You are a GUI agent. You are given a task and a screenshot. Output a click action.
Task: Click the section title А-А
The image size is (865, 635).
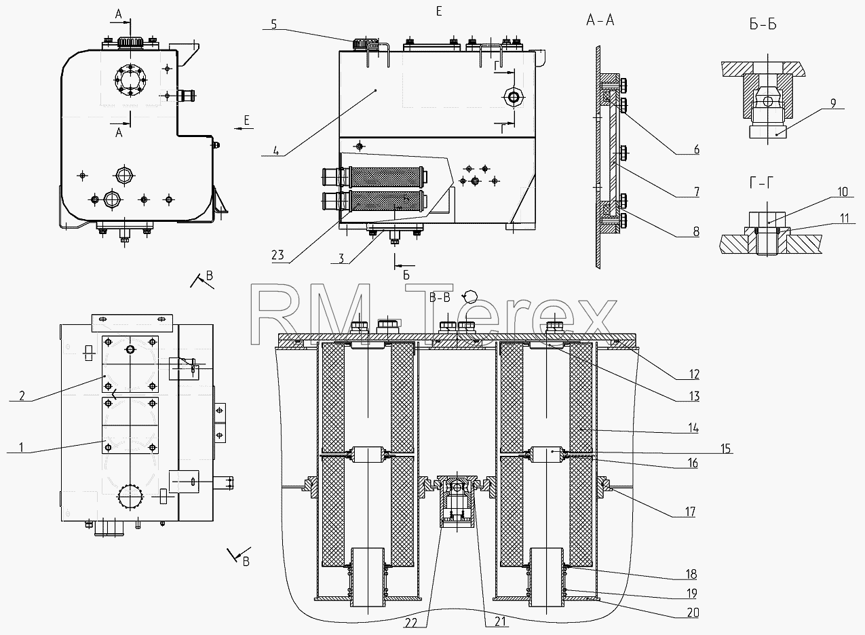[600, 20]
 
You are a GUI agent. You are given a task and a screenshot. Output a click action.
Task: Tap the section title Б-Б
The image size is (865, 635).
[763, 24]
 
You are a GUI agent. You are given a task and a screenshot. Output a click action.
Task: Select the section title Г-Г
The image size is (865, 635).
[761, 182]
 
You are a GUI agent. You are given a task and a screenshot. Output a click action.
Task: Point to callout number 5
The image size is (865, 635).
[274, 24]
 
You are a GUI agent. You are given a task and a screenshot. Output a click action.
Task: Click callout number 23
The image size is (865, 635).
[277, 255]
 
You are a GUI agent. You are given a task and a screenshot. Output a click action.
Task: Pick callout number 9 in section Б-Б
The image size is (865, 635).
[833, 104]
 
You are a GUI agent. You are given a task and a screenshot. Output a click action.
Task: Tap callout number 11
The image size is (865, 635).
[845, 218]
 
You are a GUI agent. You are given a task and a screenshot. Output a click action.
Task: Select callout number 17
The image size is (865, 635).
[690, 512]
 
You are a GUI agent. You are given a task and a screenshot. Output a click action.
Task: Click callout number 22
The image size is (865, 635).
[411, 622]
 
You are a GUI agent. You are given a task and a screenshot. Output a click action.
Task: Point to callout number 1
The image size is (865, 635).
[22, 447]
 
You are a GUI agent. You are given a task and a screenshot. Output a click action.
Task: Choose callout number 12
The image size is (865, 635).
[694, 374]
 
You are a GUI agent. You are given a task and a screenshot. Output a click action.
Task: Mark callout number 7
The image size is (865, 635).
[697, 191]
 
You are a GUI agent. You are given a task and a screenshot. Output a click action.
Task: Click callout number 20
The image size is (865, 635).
[693, 613]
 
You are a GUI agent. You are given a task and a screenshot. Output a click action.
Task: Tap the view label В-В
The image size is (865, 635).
[440, 297]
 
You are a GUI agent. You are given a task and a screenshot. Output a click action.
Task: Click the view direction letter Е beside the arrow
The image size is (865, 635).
[247, 120]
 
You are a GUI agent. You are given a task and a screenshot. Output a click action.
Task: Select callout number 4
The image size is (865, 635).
[275, 150]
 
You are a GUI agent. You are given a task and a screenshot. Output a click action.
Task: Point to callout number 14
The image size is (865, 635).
[693, 428]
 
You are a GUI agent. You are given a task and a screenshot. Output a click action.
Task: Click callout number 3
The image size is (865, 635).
[341, 258]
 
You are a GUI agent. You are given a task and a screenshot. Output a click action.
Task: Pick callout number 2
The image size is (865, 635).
[22, 396]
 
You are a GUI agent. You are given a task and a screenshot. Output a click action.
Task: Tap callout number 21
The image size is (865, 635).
[500, 621]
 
